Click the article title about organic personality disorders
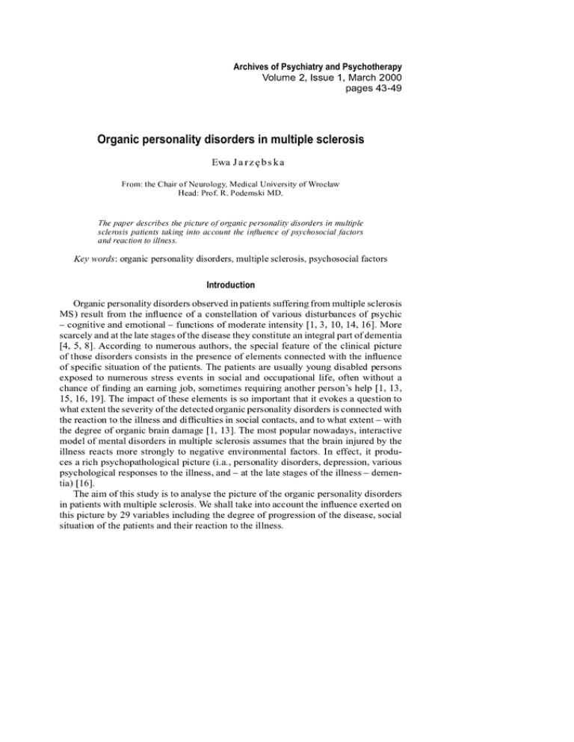pos(239,141)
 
